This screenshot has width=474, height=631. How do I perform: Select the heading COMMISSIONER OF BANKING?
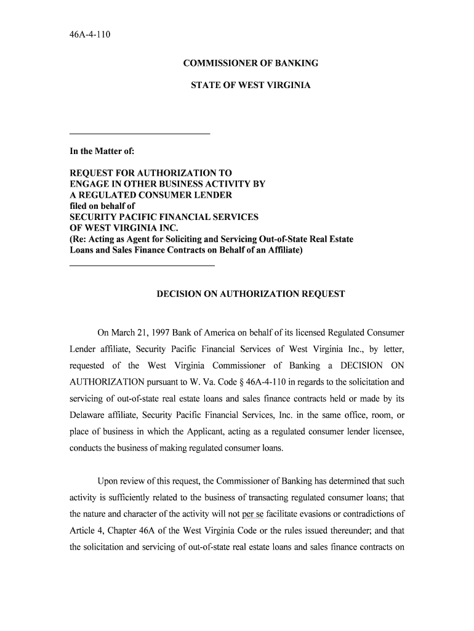point(251,63)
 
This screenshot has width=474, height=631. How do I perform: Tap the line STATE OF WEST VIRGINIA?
point(251,85)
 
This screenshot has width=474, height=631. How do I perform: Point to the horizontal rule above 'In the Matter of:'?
point(140,134)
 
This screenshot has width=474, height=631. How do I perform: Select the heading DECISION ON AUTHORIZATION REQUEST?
point(251,294)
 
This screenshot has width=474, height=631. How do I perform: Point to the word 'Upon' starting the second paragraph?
point(108,481)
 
